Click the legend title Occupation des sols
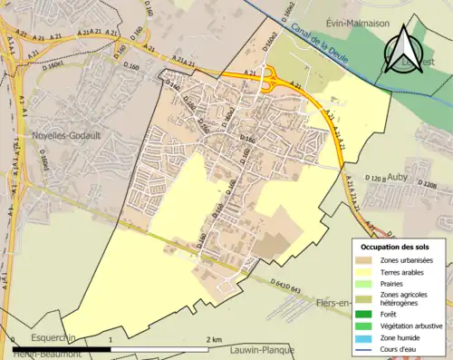pyautogui.click(x=395, y=247)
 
